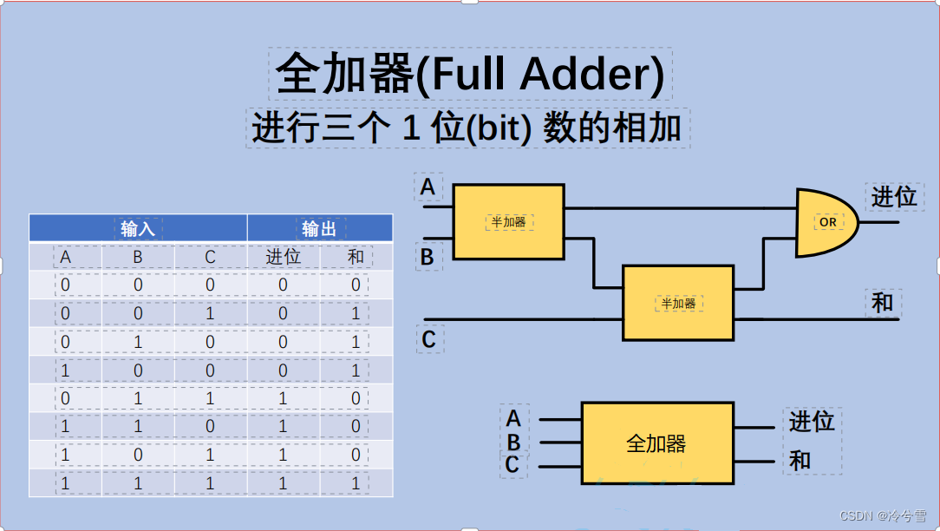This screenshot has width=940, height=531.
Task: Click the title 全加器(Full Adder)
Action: (469, 75)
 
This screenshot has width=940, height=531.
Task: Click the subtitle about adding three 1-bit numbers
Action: (468, 128)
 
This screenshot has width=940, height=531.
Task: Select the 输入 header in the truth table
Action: (138, 228)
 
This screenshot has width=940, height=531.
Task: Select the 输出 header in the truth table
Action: (319, 228)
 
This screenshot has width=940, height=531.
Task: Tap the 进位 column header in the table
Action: (283, 257)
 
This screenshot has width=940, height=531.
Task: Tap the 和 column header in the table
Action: (356, 257)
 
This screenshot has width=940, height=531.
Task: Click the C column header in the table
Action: (210, 257)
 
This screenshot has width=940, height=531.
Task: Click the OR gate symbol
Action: (826, 222)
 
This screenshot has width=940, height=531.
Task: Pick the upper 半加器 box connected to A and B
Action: (508, 222)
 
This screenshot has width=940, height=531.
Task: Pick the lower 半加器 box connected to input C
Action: (678, 303)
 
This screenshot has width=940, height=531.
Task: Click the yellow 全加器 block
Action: (656, 443)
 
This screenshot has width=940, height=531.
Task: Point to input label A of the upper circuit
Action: (428, 187)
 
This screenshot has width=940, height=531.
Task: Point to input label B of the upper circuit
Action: (428, 257)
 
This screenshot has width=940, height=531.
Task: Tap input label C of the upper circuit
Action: (428, 339)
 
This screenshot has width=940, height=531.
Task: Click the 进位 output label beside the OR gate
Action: (893, 197)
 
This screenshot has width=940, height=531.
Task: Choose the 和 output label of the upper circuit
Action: (883, 303)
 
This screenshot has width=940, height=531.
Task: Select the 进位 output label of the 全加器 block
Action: (812, 422)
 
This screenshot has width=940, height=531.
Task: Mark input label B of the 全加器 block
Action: (513, 442)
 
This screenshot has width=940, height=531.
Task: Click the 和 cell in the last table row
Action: (356, 483)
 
